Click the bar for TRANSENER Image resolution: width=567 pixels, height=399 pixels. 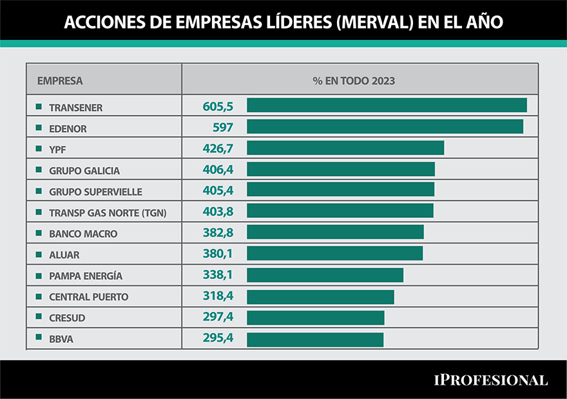(387, 106)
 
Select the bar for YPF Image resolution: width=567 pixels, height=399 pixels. (345, 148)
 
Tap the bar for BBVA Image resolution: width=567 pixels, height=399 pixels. (315, 340)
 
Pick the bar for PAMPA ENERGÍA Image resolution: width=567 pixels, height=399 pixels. (325, 276)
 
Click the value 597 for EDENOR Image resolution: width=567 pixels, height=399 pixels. (222, 128)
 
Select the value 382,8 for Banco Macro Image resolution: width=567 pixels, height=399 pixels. (217, 233)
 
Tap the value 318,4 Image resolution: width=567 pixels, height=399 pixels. (217, 297)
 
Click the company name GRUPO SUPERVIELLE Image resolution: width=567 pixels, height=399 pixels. (95, 192)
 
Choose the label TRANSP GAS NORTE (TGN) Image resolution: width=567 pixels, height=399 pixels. (108, 213)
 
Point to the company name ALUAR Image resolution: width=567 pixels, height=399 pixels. (64, 255)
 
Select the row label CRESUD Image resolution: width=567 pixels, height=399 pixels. (67, 318)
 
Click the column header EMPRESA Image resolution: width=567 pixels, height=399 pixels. (60, 81)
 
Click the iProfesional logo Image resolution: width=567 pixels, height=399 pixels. (489, 380)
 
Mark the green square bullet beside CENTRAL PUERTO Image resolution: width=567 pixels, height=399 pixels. (39, 297)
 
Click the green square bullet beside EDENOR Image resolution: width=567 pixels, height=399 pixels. (39, 128)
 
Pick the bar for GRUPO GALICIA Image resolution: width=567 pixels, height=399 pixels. (341, 170)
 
